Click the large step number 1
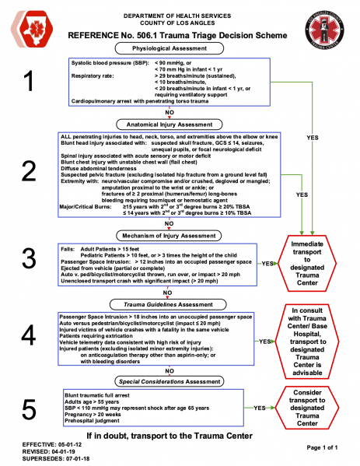coord(29,81)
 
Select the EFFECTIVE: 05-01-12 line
coord(34,443)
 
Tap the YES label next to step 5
coord(259,407)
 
